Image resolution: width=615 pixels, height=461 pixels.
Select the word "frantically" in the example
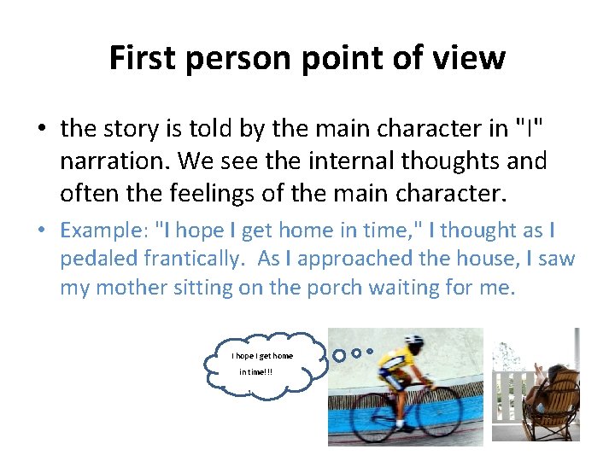194,259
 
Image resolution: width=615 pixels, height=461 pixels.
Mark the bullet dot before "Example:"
41,230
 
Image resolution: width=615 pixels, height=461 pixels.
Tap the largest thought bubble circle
339,353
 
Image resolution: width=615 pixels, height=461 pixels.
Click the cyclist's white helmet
413,342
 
